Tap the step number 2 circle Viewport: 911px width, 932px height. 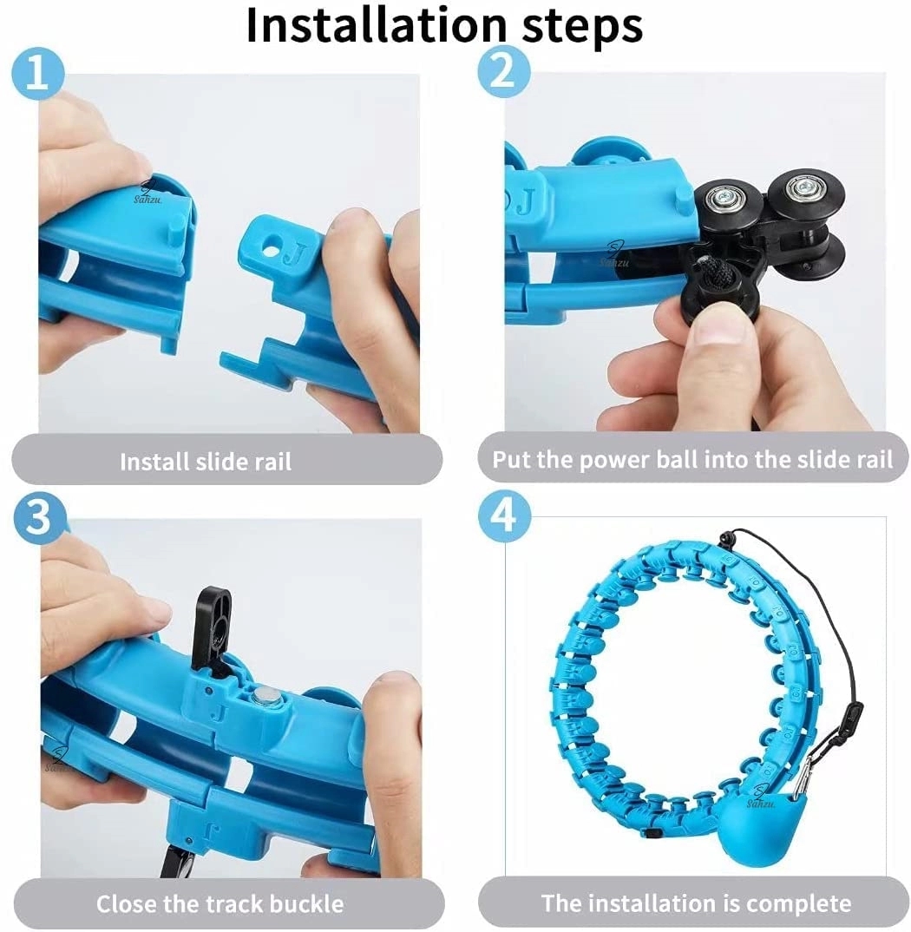coord(503,73)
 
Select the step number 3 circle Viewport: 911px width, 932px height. coord(39,516)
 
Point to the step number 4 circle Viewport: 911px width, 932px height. coord(504,515)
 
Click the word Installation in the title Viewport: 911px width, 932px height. coord(376,24)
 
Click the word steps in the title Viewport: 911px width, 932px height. coord(581,27)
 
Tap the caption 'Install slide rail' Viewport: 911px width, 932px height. coord(206,462)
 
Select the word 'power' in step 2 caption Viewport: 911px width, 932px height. coord(614,461)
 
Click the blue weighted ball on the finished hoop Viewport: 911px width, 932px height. coord(748,819)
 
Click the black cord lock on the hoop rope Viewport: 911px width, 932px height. coord(854,712)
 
